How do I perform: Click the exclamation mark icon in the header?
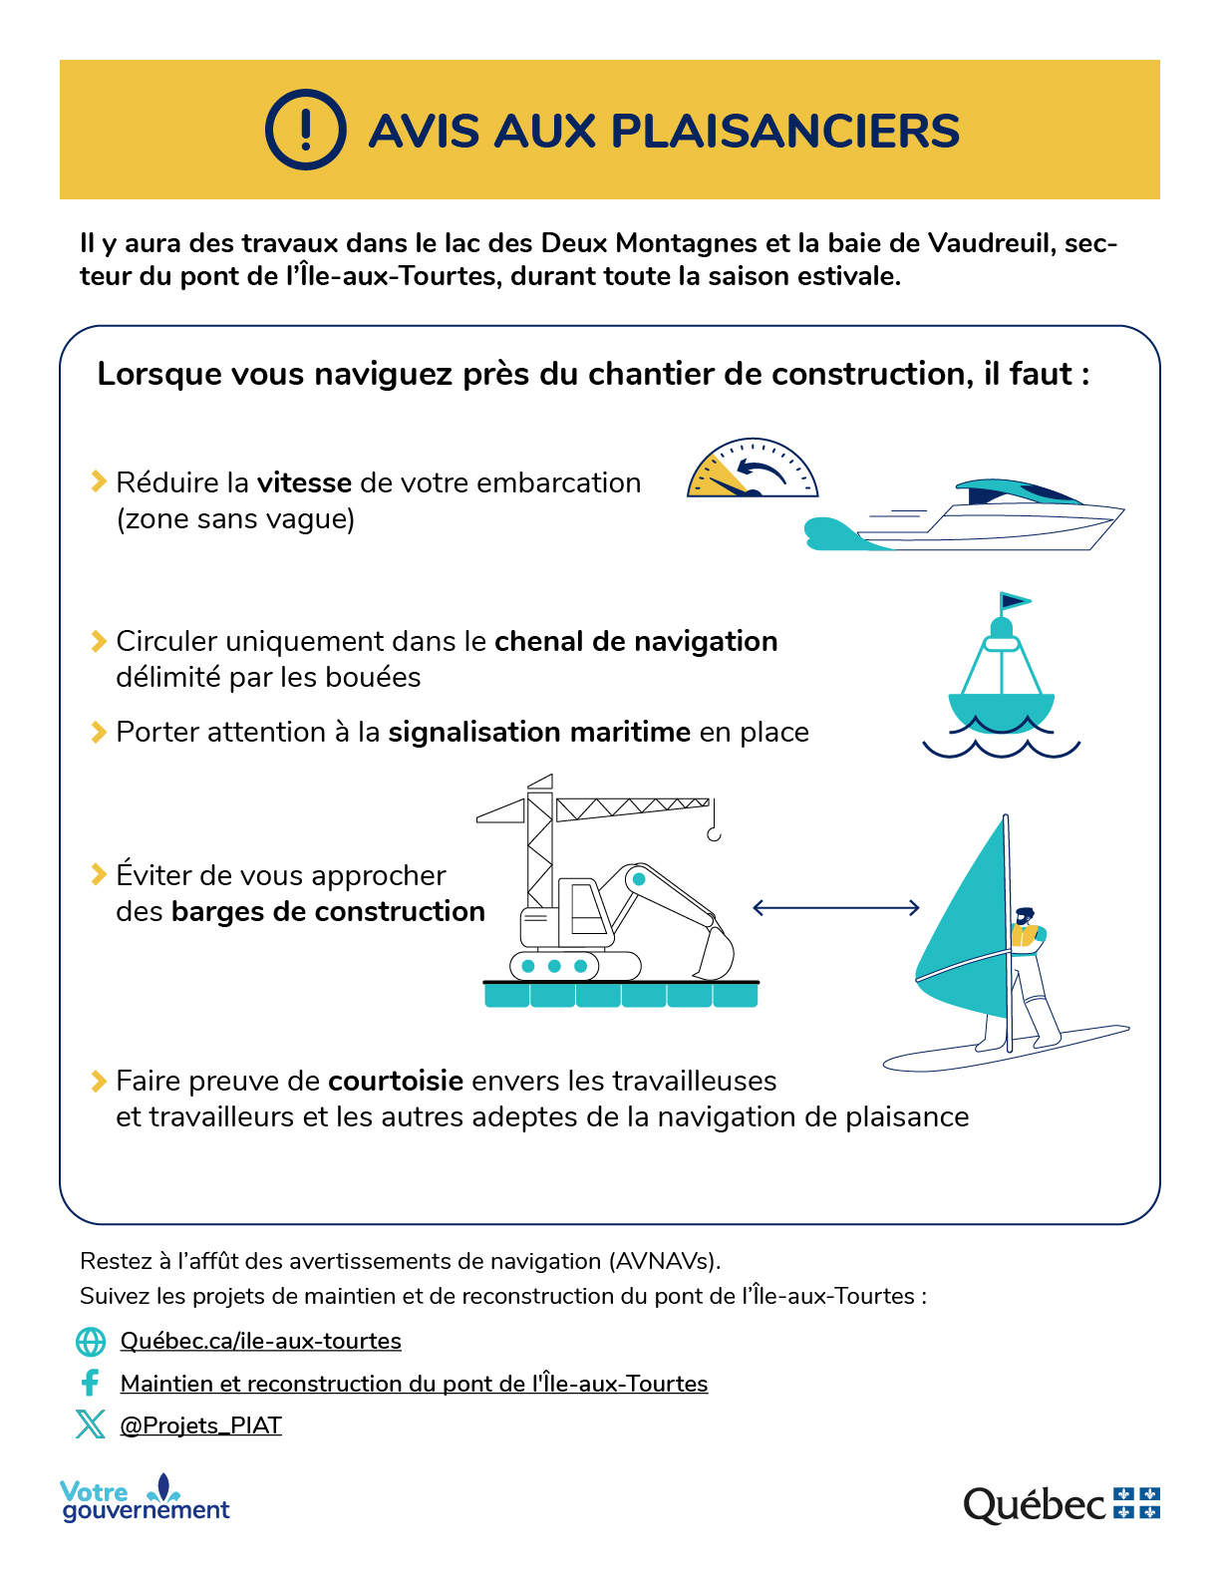click(x=305, y=130)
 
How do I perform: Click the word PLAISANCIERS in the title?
click(x=784, y=132)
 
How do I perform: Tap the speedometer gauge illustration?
click(x=752, y=470)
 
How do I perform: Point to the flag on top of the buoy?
click(x=1015, y=601)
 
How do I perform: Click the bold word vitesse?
click(x=304, y=482)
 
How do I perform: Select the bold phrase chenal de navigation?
click(x=636, y=641)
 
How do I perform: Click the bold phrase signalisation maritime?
click(x=539, y=732)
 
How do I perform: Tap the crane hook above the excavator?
click(x=714, y=832)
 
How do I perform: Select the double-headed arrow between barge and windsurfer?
click(x=835, y=907)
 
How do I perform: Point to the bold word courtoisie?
click(x=396, y=1081)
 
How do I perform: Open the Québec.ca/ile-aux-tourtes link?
click(x=261, y=1341)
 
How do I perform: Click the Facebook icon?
click(x=91, y=1383)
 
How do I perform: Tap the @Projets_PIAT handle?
click(x=201, y=1425)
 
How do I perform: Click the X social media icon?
click(x=91, y=1424)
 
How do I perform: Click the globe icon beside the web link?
click(x=91, y=1342)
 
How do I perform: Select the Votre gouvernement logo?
click(x=146, y=1499)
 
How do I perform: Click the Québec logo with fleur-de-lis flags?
click(x=1061, y=1503)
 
